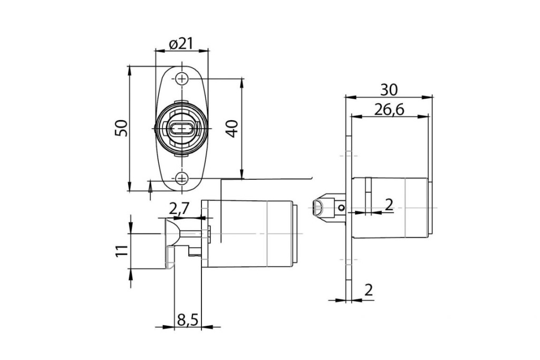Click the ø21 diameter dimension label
click(x=181, y=44)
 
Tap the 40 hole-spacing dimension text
click(x=232, y=128)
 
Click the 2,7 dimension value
click(x=179, y=209)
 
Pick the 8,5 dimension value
click(x=187, y=319)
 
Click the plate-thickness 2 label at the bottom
click(x=368, y=290)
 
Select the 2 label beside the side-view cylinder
click(x=389, y=205)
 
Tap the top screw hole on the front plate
click(x=182, y=79)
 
